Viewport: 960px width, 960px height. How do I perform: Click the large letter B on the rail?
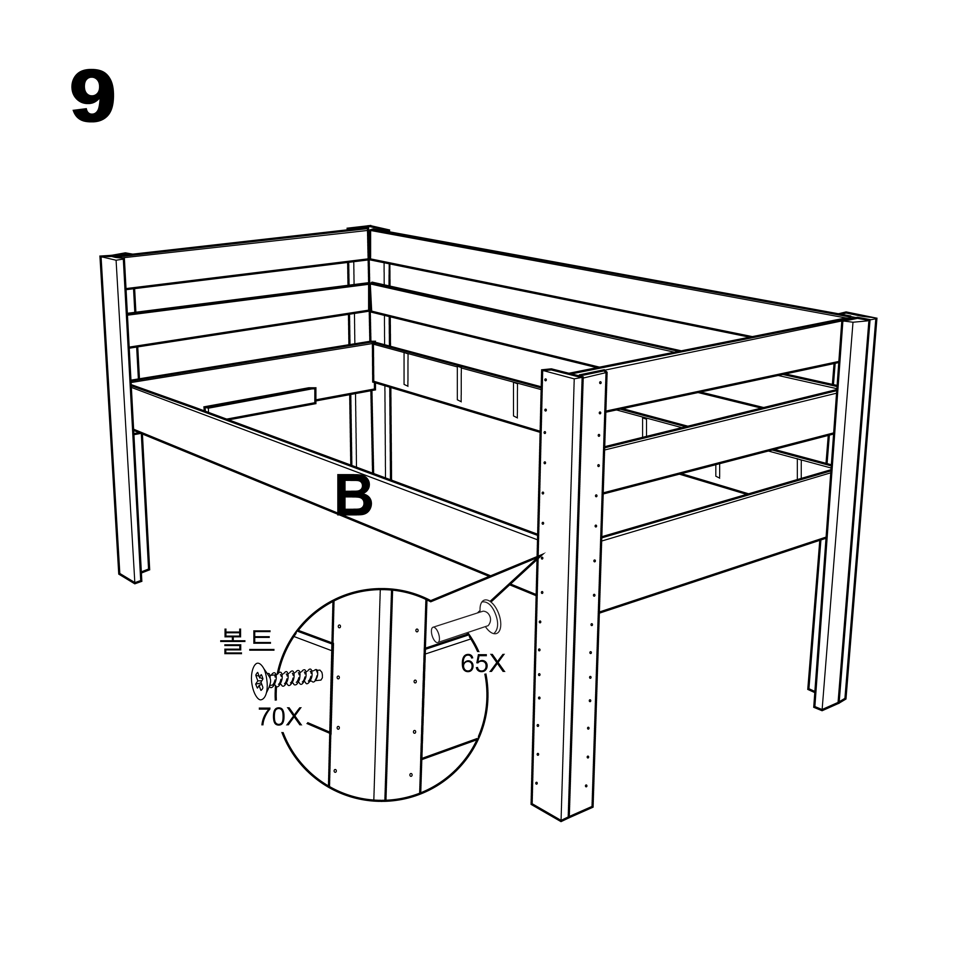click(354, 496)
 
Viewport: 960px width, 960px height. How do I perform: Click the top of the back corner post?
click(368, 228)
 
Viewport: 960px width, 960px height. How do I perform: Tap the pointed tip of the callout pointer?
click(545, 552)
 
